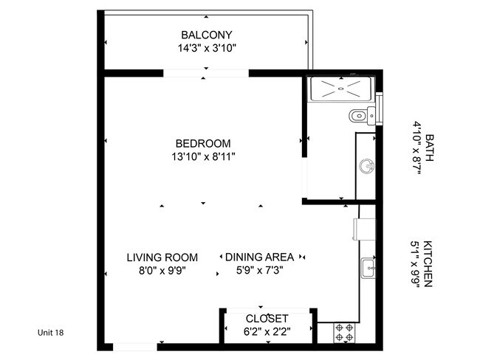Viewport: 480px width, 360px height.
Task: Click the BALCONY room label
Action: coord(207,35)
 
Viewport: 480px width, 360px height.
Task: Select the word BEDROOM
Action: coord(203,143)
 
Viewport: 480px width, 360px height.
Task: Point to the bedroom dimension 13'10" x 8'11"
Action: coord(203,156)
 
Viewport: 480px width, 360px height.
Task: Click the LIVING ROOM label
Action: coord(162,257)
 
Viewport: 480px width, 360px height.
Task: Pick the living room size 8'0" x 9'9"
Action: coord(162,270)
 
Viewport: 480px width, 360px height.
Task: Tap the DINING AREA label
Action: coord(259,257)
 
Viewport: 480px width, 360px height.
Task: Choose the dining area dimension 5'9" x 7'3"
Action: coord(259,270)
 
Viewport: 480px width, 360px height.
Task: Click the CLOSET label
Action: coord(267,319)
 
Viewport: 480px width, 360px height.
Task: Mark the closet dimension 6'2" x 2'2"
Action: coord(267,332)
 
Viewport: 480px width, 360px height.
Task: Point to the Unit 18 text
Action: coord(51,333)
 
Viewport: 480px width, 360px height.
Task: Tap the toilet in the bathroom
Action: coord(361,114)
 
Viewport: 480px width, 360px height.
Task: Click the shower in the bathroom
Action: coord(341,89)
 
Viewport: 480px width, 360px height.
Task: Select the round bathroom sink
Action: coord(366,166)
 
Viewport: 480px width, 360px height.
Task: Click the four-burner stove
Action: coord(344,332)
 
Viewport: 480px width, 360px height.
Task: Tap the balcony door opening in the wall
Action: coord(206,73)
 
